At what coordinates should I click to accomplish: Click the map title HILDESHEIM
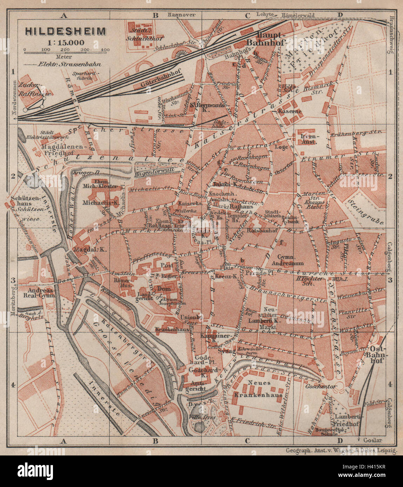coord(65,31)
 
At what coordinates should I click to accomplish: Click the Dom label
coord(164,288)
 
